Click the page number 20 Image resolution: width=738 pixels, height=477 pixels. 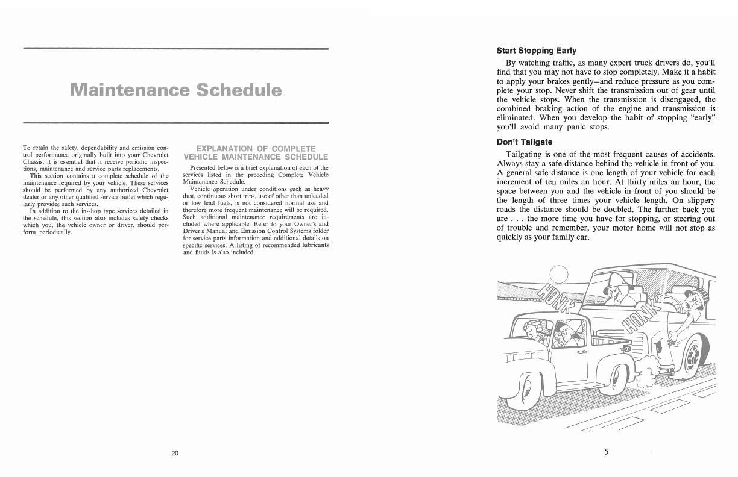pyautogui.click(x=174, y=454)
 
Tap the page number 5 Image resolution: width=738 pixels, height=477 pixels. pyautogui.click(x=607, y=453)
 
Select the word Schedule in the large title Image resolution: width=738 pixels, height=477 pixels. pyautogui.click(x=239, y=91)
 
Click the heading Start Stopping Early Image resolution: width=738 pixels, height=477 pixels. pyautogui.click(x=536, y=51)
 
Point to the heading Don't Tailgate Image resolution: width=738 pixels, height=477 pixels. pyautogui.click(x=524, y=142)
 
